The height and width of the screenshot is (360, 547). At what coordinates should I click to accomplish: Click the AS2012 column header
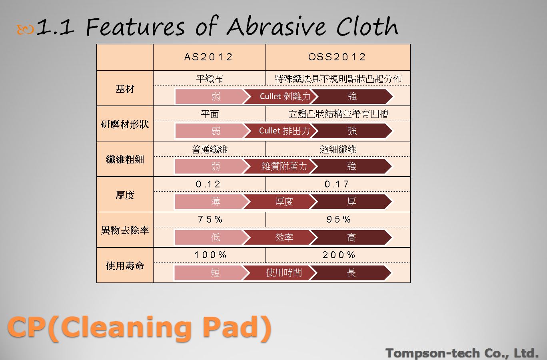[208, 57]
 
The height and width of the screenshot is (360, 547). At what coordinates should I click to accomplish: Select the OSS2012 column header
[337, 57]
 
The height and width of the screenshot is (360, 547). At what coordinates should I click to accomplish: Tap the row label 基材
[125, 89]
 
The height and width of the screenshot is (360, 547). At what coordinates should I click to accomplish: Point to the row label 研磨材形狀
[125, 125]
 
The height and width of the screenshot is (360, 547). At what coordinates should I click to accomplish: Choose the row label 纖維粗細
[125, 159]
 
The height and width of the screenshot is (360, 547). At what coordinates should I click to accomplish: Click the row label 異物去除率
[125, 230]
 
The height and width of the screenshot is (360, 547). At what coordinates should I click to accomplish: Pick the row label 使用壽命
[125, 266]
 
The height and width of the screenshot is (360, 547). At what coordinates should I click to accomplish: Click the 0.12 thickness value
[208, 184]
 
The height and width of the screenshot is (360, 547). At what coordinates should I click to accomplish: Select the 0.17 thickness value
[337, 184]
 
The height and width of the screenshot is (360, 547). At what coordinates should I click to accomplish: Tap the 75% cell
[210, 219]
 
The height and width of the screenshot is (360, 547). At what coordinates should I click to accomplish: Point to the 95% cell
[338, 219]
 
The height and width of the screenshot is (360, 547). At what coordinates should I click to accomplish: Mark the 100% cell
[210, 255]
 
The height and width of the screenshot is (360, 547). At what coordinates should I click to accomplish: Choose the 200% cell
[339, 255]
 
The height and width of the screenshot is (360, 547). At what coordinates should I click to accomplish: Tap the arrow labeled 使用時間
[281, 272]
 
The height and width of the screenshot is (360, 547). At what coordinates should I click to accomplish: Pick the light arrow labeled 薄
[212, 202]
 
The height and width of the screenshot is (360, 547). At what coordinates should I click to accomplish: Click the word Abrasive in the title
[276, 26]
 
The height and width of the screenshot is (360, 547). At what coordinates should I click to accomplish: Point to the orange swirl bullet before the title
[25, 30]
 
